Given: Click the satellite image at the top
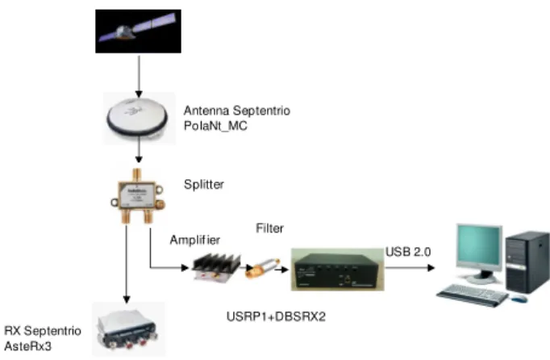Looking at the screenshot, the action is point(138,31).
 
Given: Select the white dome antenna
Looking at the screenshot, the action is point(137,116).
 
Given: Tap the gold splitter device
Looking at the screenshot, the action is point(138,196).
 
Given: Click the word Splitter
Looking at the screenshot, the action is point(204,184).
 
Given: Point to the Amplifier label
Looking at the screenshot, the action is point(195,240).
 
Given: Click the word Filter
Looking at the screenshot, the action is point(269,228).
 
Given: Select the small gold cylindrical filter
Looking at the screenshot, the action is point(262,268).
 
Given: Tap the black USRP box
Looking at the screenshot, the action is point(337,270).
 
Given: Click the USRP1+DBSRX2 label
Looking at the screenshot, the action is point(276,316).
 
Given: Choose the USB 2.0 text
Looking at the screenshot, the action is point(408,252).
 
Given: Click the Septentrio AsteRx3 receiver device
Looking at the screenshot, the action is point(127,330).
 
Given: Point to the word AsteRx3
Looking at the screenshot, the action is point(27,346).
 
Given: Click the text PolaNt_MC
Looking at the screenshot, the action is point(215,125).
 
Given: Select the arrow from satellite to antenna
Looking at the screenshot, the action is point(139,77).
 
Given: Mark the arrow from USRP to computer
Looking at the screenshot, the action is point(410,268).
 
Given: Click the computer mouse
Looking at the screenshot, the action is point(519,299).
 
